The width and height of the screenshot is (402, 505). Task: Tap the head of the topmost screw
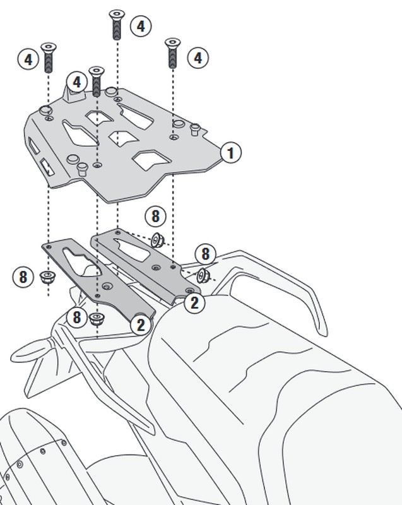[117, 15]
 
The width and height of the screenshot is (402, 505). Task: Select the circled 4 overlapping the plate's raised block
[76, 82]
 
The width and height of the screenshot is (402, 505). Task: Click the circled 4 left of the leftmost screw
[28, 59]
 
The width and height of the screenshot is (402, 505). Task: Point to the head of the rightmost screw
[172, 43]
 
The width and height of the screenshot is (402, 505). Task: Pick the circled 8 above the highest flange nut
[155, 216]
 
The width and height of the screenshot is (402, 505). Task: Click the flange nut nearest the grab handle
[203, 275]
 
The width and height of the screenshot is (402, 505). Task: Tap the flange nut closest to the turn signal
[95, 319]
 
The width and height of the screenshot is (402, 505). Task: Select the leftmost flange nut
[48, 277]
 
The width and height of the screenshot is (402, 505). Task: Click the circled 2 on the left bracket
[141, 324]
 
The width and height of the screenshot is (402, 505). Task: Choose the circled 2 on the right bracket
[194, 303]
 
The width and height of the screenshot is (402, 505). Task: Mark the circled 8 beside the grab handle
[205, 254]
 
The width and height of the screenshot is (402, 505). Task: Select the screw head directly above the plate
[96, 71]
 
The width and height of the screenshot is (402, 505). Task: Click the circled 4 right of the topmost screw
[141, 26]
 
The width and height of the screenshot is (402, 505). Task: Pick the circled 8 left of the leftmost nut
[23, 277]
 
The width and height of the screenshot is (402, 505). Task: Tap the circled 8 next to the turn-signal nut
[76, 318]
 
